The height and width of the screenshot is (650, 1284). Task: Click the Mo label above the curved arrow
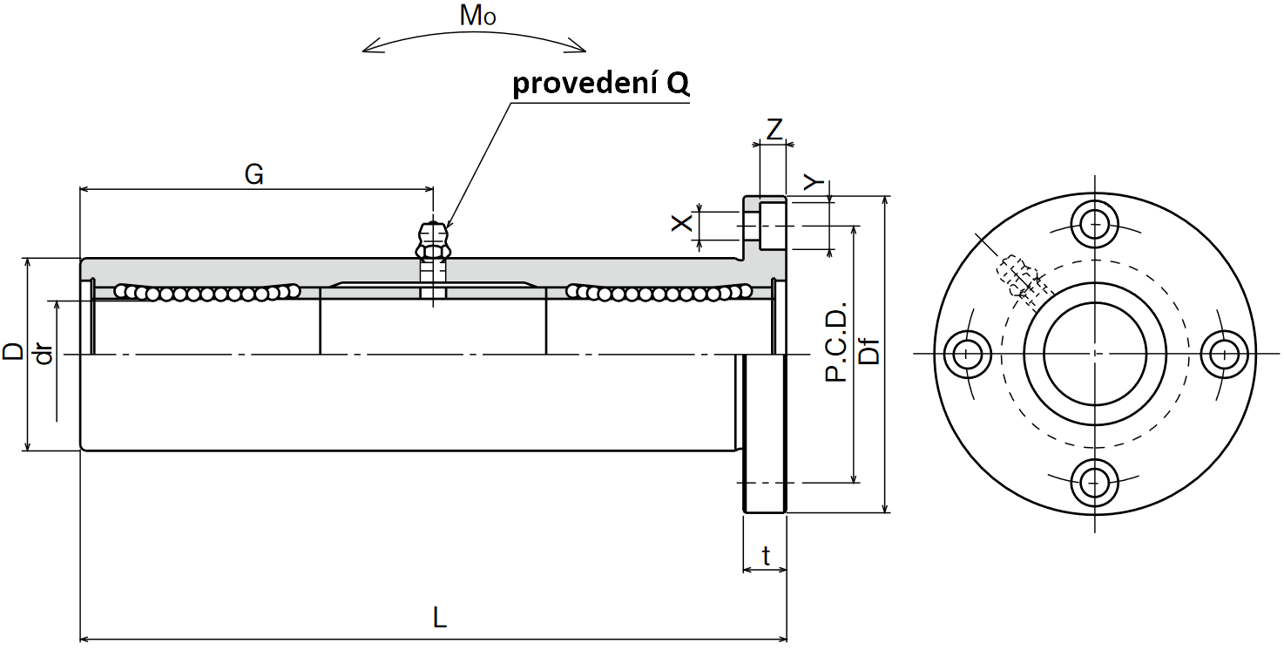click(x=477, y=16)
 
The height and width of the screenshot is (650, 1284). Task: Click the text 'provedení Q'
click(x=601, y=84)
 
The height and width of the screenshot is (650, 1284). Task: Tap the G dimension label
click(x=254, y=174)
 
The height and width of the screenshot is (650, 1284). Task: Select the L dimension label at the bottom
click(x=439, y=618)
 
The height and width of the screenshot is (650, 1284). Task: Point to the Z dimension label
click(x=774, y=130)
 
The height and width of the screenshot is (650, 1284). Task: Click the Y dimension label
click(x=813, y=182)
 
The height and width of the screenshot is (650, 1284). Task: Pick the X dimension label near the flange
click(x=681, y=222)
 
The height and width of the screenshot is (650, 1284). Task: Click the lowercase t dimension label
click(x=765, y=555)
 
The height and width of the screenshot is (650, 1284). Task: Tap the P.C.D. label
click(x=835, y=342)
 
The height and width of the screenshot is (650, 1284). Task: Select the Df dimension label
click(x=869, y=351)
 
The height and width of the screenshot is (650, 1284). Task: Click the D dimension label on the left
click(x=12, y=351)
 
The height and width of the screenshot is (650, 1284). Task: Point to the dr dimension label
click(x=44, y=355)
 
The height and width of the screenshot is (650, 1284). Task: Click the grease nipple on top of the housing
click(x=433, y=240)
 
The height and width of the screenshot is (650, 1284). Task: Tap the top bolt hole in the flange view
click(x=1094, y=224)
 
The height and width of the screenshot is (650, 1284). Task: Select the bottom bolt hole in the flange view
click(x=1094, y=482)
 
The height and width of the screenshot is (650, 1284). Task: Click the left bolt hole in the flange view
click(x=966, y=353)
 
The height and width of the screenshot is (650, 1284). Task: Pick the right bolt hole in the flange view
click(x=1223, y=353)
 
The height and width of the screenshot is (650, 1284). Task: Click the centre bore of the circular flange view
click(x=1095, y=353)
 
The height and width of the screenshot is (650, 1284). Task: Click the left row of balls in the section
click(x=207, y=293)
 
